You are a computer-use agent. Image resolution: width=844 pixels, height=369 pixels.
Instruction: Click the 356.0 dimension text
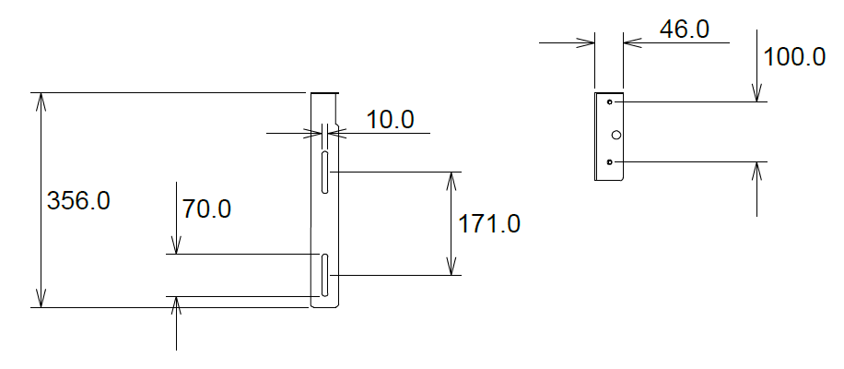coord(78,200)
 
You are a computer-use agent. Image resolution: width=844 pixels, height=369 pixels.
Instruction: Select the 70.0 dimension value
coord(206,209)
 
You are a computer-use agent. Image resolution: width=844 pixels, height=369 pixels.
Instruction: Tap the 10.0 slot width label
coord(390,119)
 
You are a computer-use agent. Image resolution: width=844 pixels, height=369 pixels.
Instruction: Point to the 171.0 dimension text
coord(489,223)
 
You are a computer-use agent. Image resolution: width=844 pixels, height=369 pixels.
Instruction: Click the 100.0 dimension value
coord(794,56)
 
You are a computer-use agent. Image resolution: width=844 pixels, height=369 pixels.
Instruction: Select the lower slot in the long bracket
coord(325,276)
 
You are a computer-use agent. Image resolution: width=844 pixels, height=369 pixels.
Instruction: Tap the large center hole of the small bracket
coord(616,135)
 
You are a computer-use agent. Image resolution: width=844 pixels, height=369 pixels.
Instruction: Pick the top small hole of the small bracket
coord(610,101)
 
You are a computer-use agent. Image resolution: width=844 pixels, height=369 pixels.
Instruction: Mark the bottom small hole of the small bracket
coord(610,162)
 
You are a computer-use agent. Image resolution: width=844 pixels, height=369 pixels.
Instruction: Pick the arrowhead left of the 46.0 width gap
coord(587,42)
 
